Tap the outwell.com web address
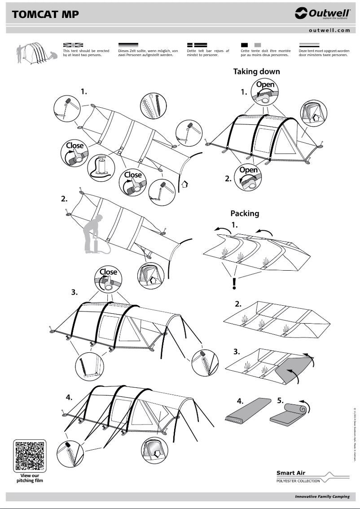(329, 31)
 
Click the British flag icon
(73, 45)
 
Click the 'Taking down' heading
(256, 71)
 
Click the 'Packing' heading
(245, 213)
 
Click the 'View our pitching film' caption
(30, 478)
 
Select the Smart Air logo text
(291, 473)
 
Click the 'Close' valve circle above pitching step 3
(108, 279)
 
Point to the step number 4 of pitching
(69, 397)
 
